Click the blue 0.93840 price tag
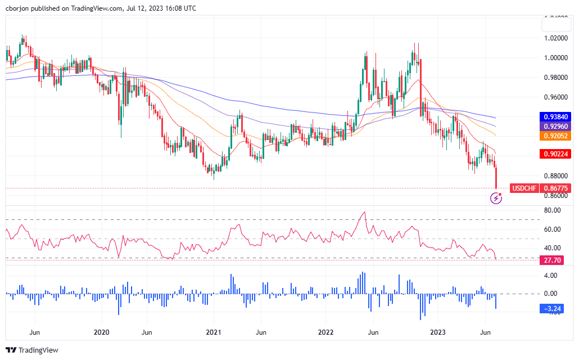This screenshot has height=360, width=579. (555, 116)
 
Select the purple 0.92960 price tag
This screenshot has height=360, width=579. (555, 126)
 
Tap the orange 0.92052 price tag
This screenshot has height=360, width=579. (555, 136)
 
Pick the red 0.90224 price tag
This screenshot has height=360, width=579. (555, 154)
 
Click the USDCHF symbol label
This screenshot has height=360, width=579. (525, 188)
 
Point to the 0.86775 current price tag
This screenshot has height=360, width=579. (557, 188)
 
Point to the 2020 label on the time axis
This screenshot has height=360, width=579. (102, 333)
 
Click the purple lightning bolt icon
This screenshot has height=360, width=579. (496, 197)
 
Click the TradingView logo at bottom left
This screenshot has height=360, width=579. (33, 350)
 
